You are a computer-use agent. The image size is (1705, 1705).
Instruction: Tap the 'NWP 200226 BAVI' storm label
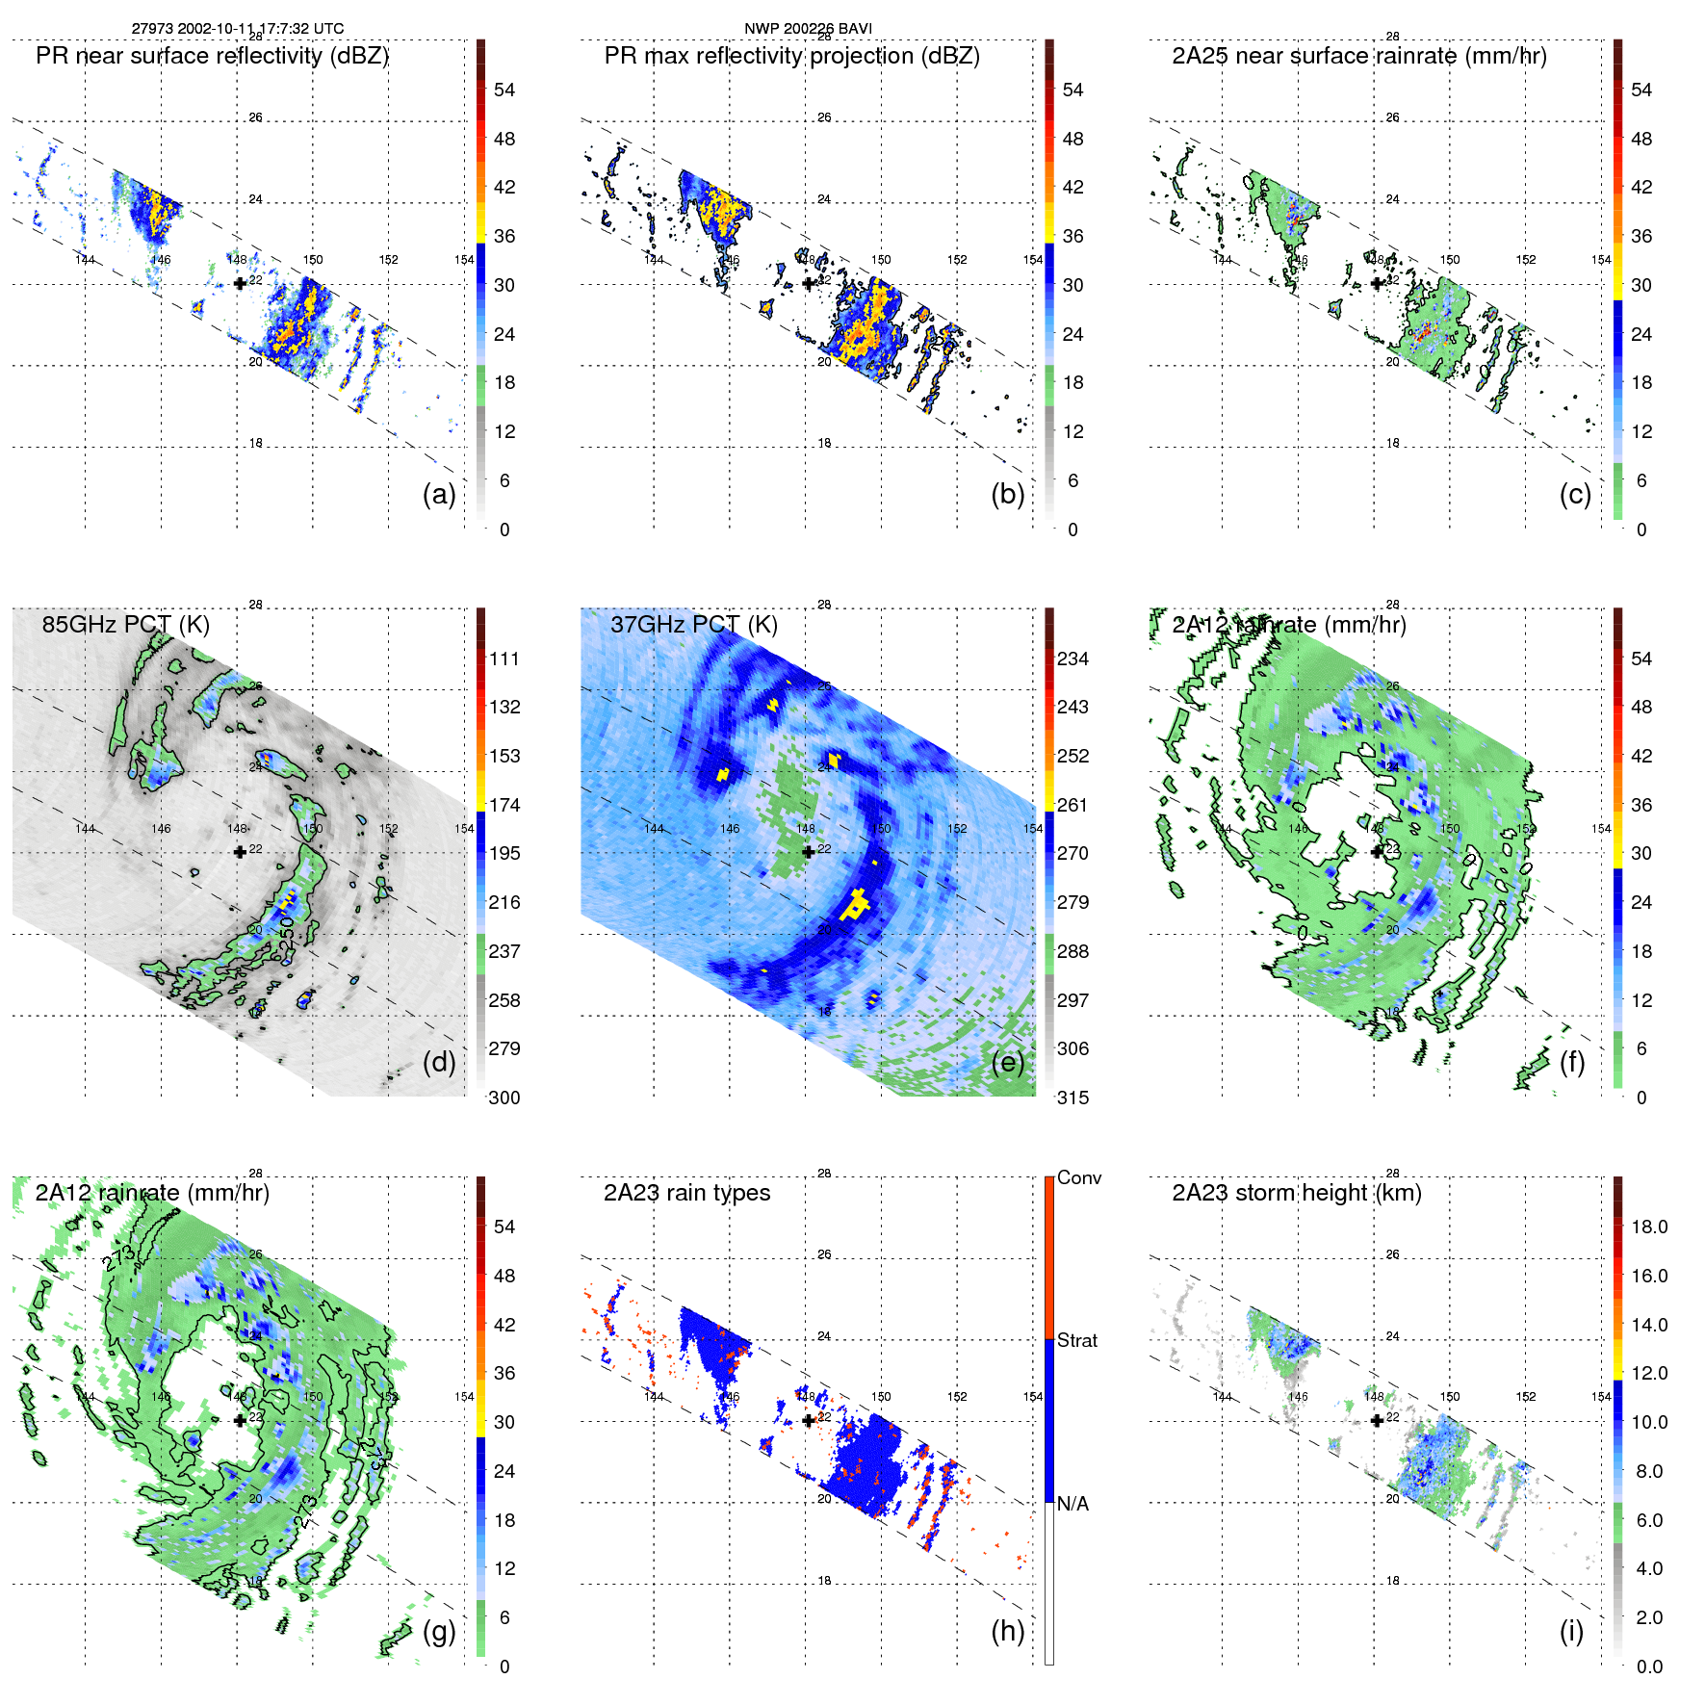coord(808,28)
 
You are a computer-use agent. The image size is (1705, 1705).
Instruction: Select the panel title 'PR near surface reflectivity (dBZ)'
coord(212,56)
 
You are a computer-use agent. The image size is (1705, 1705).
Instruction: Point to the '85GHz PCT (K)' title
coord(125,625)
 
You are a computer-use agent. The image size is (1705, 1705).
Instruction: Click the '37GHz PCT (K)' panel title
coord(693,625)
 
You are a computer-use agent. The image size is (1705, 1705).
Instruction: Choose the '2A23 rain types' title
coord(686,1193)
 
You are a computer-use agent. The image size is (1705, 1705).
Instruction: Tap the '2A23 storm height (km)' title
coord(1296,1193)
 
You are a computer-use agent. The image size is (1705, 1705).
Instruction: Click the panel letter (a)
coord(439,494)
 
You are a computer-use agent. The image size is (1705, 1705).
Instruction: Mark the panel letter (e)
coord(1007,1062)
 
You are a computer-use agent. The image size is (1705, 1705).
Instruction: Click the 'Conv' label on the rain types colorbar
coord(1078,1177)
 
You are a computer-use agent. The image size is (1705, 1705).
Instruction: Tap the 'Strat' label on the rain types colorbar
coord(1076,1340)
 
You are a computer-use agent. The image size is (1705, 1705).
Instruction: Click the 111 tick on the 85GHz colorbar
coord(504,659)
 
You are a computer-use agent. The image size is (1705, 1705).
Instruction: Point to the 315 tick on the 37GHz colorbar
coord(1072,1098)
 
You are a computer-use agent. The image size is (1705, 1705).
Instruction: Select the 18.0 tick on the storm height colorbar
coord(1649,1227)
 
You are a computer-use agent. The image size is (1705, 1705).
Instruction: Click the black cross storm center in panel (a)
coord(240,283)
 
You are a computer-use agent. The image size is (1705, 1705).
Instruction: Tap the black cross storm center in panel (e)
coord(808,852)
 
